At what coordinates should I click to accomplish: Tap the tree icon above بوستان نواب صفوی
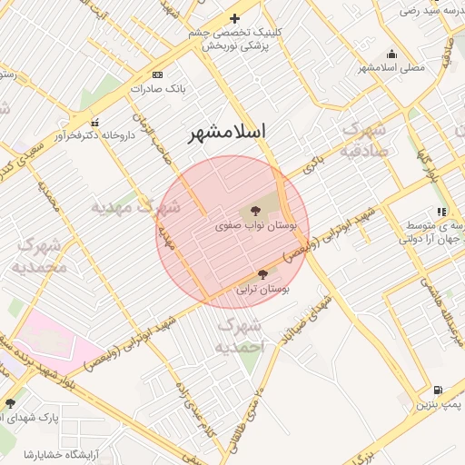254,211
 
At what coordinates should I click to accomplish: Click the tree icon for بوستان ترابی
262,273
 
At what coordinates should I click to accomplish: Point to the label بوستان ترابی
262,290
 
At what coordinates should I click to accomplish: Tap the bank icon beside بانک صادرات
158,74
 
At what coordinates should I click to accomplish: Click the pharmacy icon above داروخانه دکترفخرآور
94,123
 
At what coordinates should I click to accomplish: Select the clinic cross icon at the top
234,18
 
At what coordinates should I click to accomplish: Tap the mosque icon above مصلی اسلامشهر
391,54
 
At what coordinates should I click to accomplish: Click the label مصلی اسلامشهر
391,68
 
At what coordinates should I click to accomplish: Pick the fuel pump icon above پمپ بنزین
439,390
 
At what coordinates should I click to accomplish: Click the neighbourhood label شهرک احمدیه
240,336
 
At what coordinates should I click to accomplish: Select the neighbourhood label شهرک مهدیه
124,207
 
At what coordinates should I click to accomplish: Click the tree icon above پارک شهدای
10,402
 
